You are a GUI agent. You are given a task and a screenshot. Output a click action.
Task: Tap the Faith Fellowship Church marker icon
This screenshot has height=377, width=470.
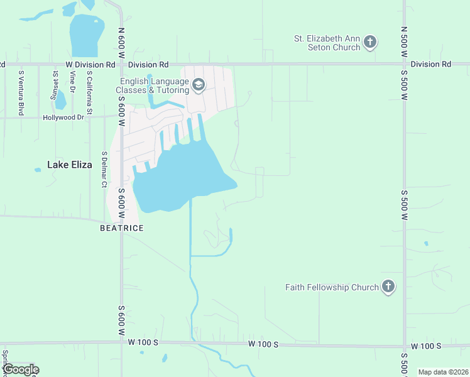(388, 287)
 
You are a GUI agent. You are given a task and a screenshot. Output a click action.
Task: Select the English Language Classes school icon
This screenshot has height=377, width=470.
(199, 85)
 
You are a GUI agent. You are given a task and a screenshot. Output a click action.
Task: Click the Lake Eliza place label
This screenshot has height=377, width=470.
(70, 165)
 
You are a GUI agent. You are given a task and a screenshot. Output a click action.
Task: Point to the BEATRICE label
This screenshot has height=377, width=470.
(122, 228)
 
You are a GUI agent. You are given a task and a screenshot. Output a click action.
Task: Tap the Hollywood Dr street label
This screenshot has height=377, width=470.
(63, 117)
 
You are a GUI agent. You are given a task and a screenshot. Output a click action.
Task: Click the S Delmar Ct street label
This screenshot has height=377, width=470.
(104, 169)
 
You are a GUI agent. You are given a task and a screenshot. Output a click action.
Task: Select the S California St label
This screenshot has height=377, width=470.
(90, 94)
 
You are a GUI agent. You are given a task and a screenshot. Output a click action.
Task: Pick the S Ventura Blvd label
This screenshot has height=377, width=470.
(21, 92)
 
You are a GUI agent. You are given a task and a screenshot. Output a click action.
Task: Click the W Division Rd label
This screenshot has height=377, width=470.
(90, 65)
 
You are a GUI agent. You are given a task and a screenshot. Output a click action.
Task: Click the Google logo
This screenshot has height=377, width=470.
(20, 369)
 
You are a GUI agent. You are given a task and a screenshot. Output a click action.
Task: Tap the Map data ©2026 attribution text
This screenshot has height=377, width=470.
(443, 372)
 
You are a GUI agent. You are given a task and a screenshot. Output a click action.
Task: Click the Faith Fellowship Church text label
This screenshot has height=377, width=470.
(332, 287)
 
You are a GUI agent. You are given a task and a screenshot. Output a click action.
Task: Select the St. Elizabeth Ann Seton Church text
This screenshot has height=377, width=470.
(328, 43)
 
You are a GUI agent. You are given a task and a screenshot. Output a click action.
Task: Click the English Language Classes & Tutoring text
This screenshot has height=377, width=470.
(153, 85)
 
